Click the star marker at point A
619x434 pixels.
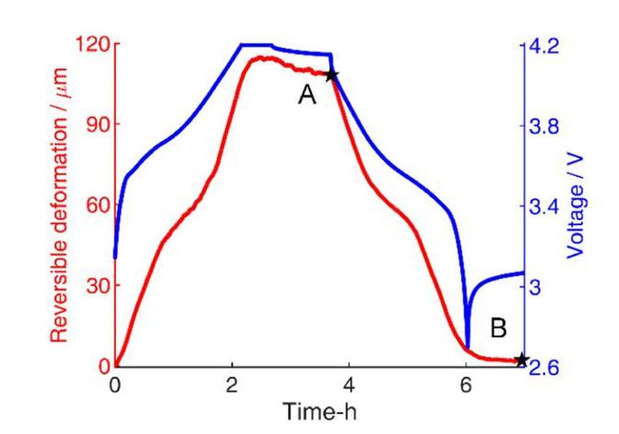click(332, 75)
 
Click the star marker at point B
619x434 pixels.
click(521, 360)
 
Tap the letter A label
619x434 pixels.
click(307, 94)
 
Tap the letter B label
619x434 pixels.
click(499, 325)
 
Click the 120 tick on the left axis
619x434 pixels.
click(94, 45)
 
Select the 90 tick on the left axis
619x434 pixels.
click(98, 125)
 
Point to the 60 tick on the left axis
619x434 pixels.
click(98, 205)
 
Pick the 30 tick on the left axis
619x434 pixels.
click(98, 285)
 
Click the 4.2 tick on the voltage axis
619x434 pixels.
click(545, 45)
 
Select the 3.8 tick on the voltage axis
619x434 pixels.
click(545, 125)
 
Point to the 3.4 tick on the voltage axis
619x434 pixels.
click(545, 205)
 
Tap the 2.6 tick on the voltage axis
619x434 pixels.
click(545, 367)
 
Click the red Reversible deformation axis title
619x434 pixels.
click(59, 205)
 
